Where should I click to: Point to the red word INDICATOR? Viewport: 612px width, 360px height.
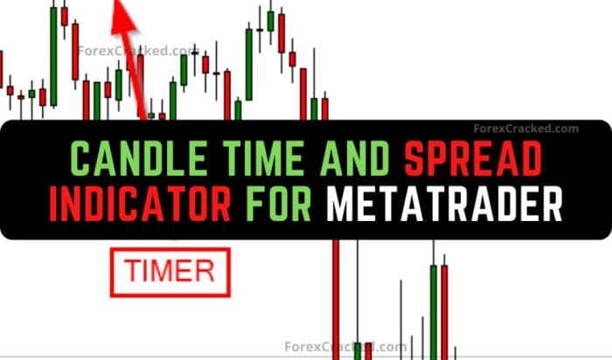[x=141, y=205]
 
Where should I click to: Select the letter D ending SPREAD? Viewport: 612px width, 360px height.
[x=530, y=159]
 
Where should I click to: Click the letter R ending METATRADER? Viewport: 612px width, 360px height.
[x=548, y=205]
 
